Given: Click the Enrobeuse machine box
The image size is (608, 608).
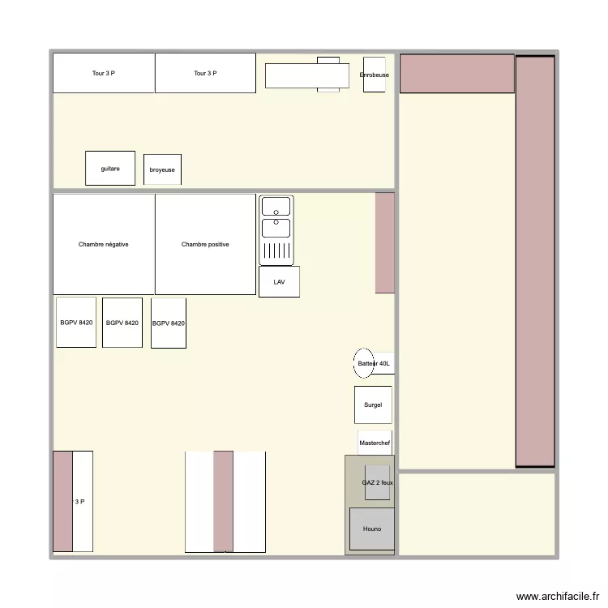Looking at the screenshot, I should [x=374, y=75].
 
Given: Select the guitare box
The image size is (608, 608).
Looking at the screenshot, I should [x=110, y=168].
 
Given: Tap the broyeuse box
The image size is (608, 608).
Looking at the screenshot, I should [x=162, y=169].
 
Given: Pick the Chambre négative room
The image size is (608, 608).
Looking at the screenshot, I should [x=104, y=244].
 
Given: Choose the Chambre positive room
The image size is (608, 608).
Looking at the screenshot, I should [x=205, y=244].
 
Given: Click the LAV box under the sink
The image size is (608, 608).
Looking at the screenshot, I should [x=279, y=281].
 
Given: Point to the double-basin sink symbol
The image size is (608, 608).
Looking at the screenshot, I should [x=276, y=230].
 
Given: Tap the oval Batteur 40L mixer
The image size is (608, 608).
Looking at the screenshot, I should [x=364, y=364].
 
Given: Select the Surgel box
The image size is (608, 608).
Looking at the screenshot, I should [x=373, y=405].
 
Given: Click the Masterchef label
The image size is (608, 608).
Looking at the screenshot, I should [x=375, y=443].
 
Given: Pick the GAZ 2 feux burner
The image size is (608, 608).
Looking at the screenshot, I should [x=377, y=482].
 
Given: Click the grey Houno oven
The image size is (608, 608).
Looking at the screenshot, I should [x=372, y=529].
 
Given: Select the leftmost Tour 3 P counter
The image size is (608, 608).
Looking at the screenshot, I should [x=104, y=74].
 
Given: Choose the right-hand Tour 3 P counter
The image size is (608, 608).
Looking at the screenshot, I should [x=206, y=74].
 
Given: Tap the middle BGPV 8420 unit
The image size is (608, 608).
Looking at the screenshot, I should [x=122, y=323].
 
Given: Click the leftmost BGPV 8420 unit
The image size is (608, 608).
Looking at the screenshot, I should [x=76, y=323].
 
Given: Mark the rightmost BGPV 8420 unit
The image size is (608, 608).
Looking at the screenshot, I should [x=169, y=323].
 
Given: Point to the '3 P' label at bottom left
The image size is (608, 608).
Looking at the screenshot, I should [x=79, y=502].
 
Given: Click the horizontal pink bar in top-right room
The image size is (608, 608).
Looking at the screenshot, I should [x=457, y=73].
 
